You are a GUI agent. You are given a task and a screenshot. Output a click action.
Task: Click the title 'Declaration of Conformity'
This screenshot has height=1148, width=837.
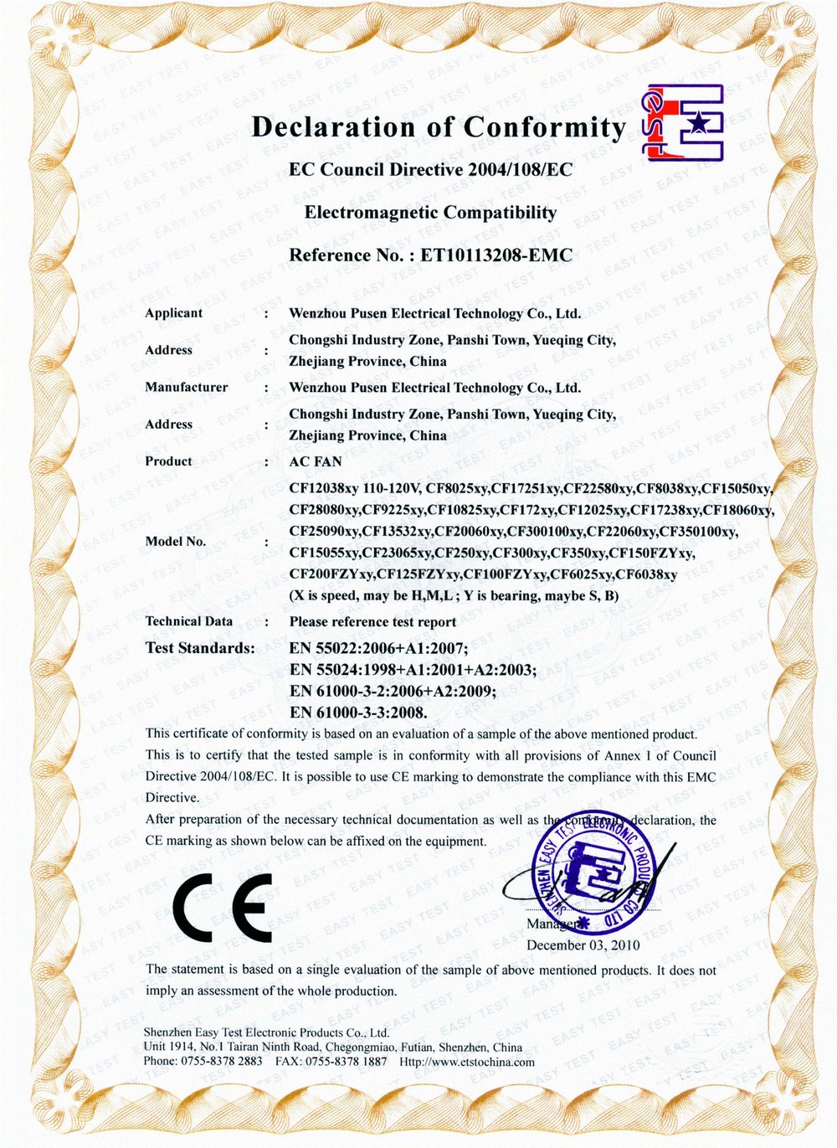point(438,127)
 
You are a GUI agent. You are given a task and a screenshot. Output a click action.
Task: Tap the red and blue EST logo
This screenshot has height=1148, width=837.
point(682,123)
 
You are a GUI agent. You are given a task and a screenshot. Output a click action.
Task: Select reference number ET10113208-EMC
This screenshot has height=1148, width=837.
point(489,255)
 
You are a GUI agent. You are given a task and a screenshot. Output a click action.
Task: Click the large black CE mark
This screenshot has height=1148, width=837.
point(223,908)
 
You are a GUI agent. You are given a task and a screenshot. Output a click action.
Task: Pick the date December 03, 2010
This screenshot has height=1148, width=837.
point(583,945)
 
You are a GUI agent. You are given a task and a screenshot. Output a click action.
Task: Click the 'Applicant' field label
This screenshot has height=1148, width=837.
point(173,313)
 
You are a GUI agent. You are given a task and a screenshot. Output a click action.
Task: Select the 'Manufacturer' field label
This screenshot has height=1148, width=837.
point(186,387)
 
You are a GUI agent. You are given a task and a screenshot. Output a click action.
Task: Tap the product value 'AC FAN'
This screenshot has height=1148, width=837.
point(316,461)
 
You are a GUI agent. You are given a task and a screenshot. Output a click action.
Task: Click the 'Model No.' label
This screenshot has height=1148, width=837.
point(175,542)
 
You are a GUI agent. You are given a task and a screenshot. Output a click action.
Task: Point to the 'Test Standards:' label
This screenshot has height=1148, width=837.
point(200,648)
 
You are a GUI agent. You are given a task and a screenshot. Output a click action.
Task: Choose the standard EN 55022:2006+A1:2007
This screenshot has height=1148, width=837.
point(378,648)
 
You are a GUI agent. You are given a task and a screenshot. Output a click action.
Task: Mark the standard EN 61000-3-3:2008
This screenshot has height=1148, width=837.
point(358,713)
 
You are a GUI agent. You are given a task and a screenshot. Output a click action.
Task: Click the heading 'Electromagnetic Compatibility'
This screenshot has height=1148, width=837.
point(430,213)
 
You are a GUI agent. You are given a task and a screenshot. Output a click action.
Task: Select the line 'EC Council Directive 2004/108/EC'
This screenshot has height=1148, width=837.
point(430,170)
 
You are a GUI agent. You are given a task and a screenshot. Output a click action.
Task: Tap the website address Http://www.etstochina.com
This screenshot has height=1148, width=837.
point(467,1062)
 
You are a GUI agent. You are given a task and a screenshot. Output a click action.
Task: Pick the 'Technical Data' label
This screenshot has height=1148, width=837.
point(188,621)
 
